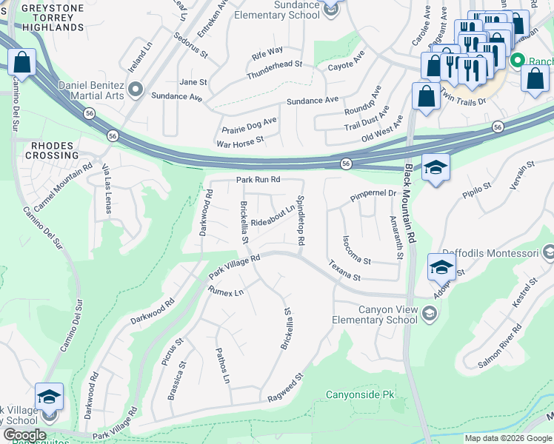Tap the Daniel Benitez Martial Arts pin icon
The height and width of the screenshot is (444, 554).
click(135, 90)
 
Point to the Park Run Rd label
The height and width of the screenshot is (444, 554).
click(258, 180)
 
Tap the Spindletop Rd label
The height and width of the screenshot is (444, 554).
click(301, 221)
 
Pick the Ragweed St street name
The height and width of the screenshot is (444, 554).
click(287, 389)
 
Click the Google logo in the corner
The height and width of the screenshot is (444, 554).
click(24, 435)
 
